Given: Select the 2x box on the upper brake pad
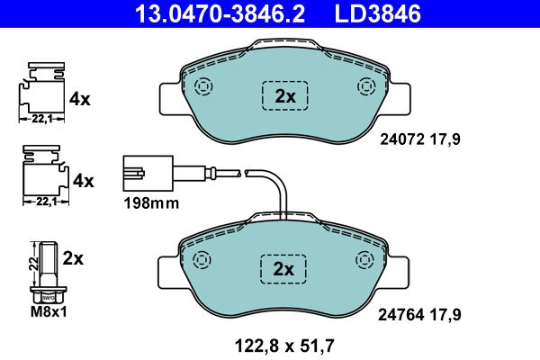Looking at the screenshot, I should pos(284,95).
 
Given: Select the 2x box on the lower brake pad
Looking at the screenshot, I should pos(284,268).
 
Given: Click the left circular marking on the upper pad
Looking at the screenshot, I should pos(202,87).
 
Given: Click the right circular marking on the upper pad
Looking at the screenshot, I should pos(366,87).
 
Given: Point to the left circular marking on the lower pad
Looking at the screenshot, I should pos(202,260).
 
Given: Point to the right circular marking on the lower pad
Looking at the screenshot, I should pos(366,260).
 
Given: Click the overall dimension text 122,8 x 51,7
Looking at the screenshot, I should pos(284,343).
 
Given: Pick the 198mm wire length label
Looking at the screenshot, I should pos(150,203).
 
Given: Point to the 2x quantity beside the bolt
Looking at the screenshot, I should pos(74,258).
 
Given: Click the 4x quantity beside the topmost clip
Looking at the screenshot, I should pos(81,99).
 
